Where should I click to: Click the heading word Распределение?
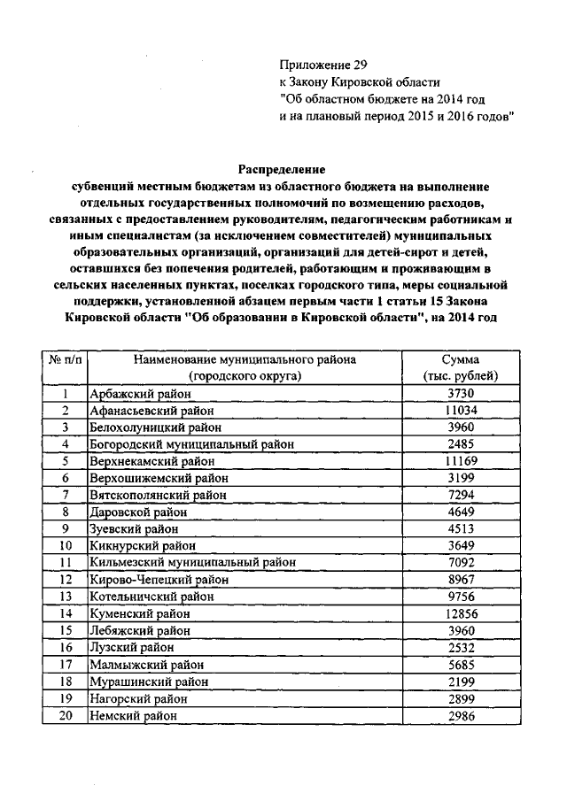point(282,169)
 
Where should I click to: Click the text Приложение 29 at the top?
point(322,65)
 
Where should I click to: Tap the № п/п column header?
point(65,360)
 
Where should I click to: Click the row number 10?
point(65,545)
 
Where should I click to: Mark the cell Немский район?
point(134,714)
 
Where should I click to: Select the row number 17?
point(65,664)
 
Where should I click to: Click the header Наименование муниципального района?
point(245,360)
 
